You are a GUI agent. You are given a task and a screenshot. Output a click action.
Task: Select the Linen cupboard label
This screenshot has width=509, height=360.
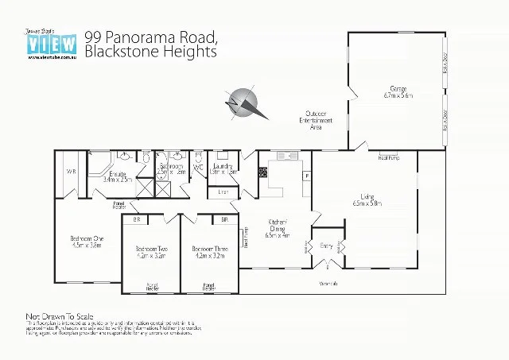point(223,192)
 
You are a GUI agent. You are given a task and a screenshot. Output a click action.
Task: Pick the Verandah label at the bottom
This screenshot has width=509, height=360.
point(328,283)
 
